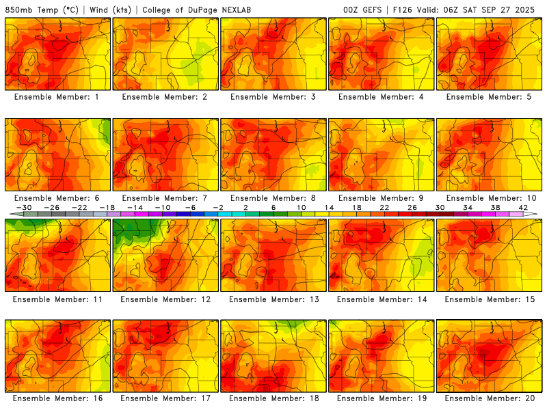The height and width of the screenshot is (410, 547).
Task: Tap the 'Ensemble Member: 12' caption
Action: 165,299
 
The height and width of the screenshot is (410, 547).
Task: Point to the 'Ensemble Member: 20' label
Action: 490,398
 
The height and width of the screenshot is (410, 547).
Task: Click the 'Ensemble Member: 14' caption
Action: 382,299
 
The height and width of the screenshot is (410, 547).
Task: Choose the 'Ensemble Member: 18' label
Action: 273,398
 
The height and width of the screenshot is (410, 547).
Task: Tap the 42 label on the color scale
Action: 524,207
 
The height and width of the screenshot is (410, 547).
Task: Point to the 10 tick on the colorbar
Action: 302,207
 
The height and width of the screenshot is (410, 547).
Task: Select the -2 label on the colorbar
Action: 217,207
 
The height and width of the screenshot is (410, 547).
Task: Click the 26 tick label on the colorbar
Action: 412,207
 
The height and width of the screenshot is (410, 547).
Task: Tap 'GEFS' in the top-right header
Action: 373,10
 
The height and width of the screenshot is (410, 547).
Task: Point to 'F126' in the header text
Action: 405,10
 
